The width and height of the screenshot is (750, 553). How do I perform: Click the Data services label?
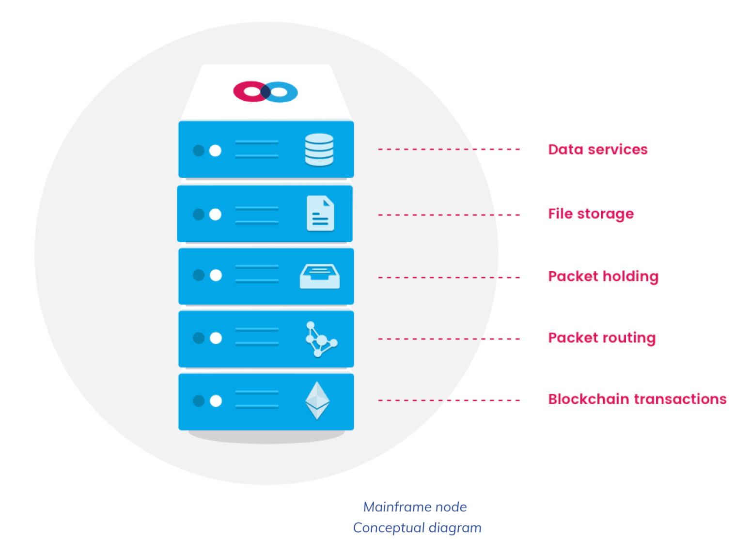[597, 149]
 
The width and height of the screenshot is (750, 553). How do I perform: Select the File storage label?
[591, 214]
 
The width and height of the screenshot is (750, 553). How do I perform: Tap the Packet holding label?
[603, 276]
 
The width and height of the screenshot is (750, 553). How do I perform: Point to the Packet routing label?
[602, 338]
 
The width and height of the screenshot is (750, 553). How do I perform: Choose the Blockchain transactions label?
[637, 399]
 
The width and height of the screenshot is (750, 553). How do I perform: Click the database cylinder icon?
[319, 150]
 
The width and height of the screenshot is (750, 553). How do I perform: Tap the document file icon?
[320, 213]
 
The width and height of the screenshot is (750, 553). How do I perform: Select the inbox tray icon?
[320, 276]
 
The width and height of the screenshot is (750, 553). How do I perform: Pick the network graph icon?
[320, 339]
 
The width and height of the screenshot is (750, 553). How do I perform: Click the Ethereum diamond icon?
[318, 400]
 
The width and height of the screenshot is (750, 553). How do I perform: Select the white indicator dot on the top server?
[215, 151]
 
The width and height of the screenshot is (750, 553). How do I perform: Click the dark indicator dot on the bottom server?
[199, 400]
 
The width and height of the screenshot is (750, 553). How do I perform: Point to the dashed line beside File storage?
[449, 215]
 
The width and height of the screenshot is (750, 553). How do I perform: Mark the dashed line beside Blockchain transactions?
[449, 400]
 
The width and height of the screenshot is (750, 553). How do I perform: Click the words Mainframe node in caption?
[415, 507]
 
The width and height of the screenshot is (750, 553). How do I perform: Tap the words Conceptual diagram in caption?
[417, 528]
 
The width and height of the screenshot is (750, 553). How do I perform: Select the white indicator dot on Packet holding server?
[216, 275]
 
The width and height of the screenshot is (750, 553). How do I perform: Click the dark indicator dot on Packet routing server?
[199, 338]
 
